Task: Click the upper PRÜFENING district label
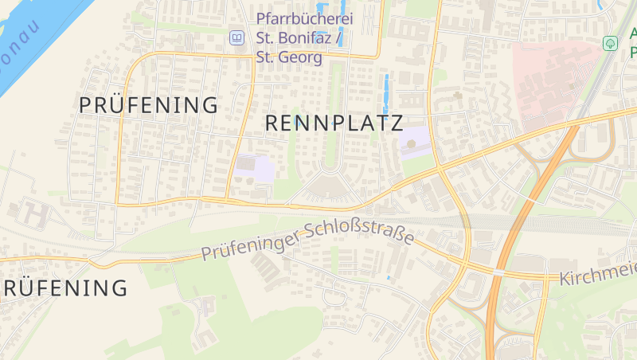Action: [x=148, y=104]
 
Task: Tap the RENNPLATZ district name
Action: [x=334, y=123]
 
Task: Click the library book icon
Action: [x=236, y=37]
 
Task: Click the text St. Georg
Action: [x=289, y=57]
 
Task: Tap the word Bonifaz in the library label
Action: [x=314, y=37]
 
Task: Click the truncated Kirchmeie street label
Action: [x=597, y=275]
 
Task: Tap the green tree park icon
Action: [x=611, y=43]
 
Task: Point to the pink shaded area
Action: [x=549, y=80]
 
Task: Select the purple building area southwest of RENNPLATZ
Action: [x=254, y=167]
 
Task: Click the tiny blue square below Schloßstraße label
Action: [x=389, y=277]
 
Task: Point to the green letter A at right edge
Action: [x=633, y=33]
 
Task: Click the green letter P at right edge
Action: [x=633, y=54]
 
